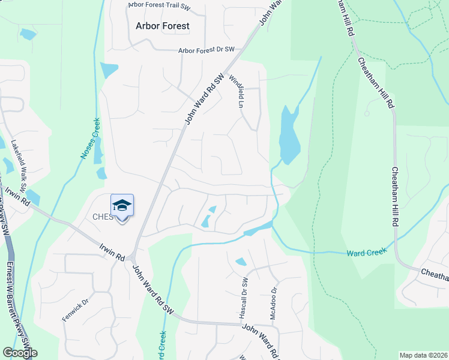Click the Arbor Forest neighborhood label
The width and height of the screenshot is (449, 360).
pyautogui.click(x=162, y=26)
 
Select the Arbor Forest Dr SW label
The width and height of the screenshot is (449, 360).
pyautogui.click(x=206, y=51)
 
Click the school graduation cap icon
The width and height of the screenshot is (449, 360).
pyautogui.click(x=122, y=205)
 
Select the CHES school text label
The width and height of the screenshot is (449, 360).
pyautogui.click(x=102, y=217)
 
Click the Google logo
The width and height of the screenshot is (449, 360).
pyautogui.click(x=20, y=353)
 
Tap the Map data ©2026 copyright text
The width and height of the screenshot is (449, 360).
pyautogui.click(x=423, y=355)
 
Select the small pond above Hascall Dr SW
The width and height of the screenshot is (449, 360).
pyautogui.click(x=241, y=262)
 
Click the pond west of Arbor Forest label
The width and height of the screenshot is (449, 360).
pyautogui.click(x=27, y=34)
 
